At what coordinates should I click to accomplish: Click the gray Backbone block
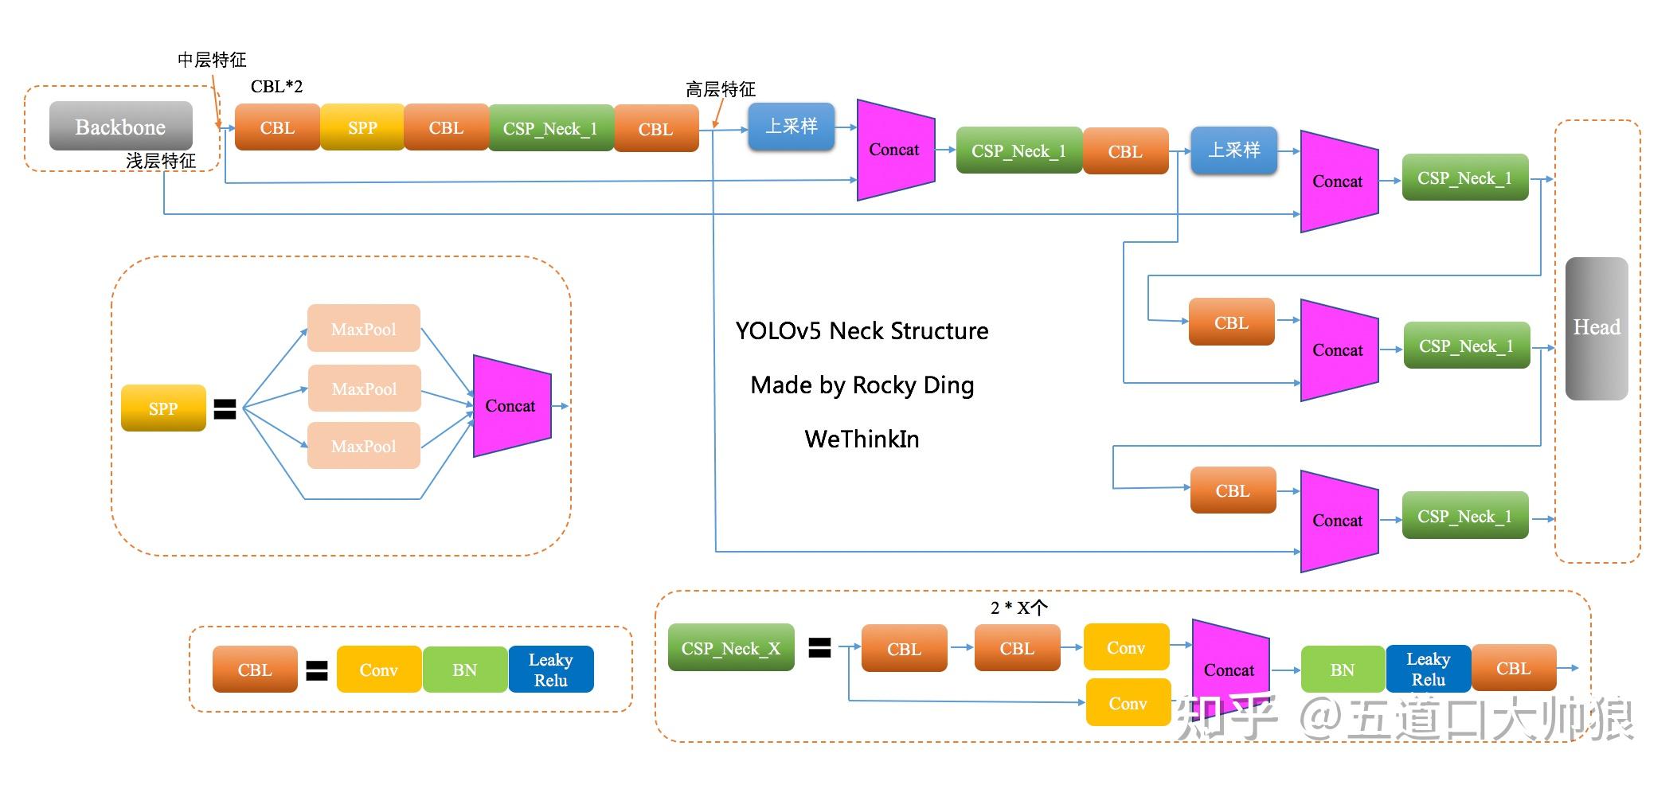(x=121, y=126)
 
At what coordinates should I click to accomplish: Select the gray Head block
(x=1597, y=328)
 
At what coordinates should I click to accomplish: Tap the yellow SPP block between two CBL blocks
(x=362, y=127)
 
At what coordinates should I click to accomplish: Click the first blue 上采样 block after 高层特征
(x=792, y=127)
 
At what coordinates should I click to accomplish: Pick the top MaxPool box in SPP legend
(x=364, y=328)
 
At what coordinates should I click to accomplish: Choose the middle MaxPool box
(x=364, y=389)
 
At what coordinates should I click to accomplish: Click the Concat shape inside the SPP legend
(x=512, y=406)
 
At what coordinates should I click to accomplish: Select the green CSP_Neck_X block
(x=731, y=648)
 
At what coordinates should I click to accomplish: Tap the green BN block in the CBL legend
(x=465, y=670)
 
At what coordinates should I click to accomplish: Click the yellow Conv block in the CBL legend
(x=379, y=670)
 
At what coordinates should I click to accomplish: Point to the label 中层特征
(x=212, y=60)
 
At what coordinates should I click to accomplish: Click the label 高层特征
(x=721, y=89)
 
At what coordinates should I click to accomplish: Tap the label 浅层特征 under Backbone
(x=161, y=161)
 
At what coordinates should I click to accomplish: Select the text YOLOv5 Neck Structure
(x=862, y=330)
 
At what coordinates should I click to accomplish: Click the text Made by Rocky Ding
(x=862, y=385)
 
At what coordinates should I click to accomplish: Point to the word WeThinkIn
(x=862, y=439)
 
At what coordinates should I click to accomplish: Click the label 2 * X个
(x=1019, y=607)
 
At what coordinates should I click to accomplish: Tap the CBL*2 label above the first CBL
(x=276, y=86)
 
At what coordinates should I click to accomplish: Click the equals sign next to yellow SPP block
(x=225, y=409)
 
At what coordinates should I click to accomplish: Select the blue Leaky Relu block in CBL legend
(x=551, y=670)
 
